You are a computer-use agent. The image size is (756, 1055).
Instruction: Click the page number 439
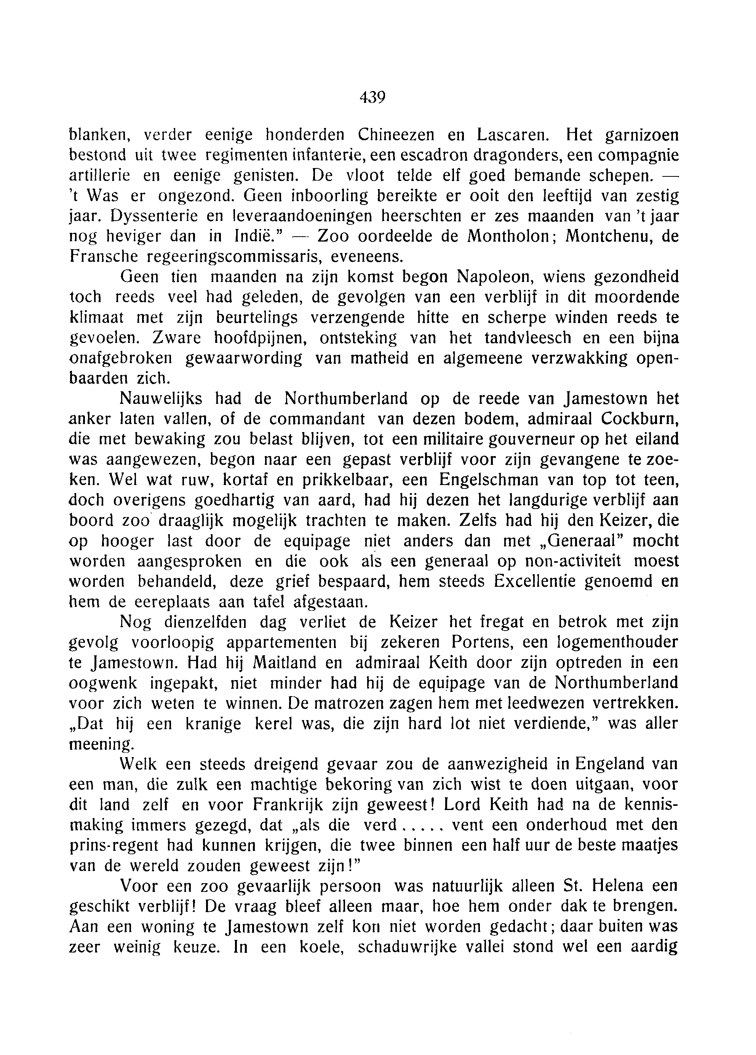[372, 98]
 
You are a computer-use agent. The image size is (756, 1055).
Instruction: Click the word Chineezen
[396, 135]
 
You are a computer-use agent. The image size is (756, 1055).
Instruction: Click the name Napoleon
[492, 277]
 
